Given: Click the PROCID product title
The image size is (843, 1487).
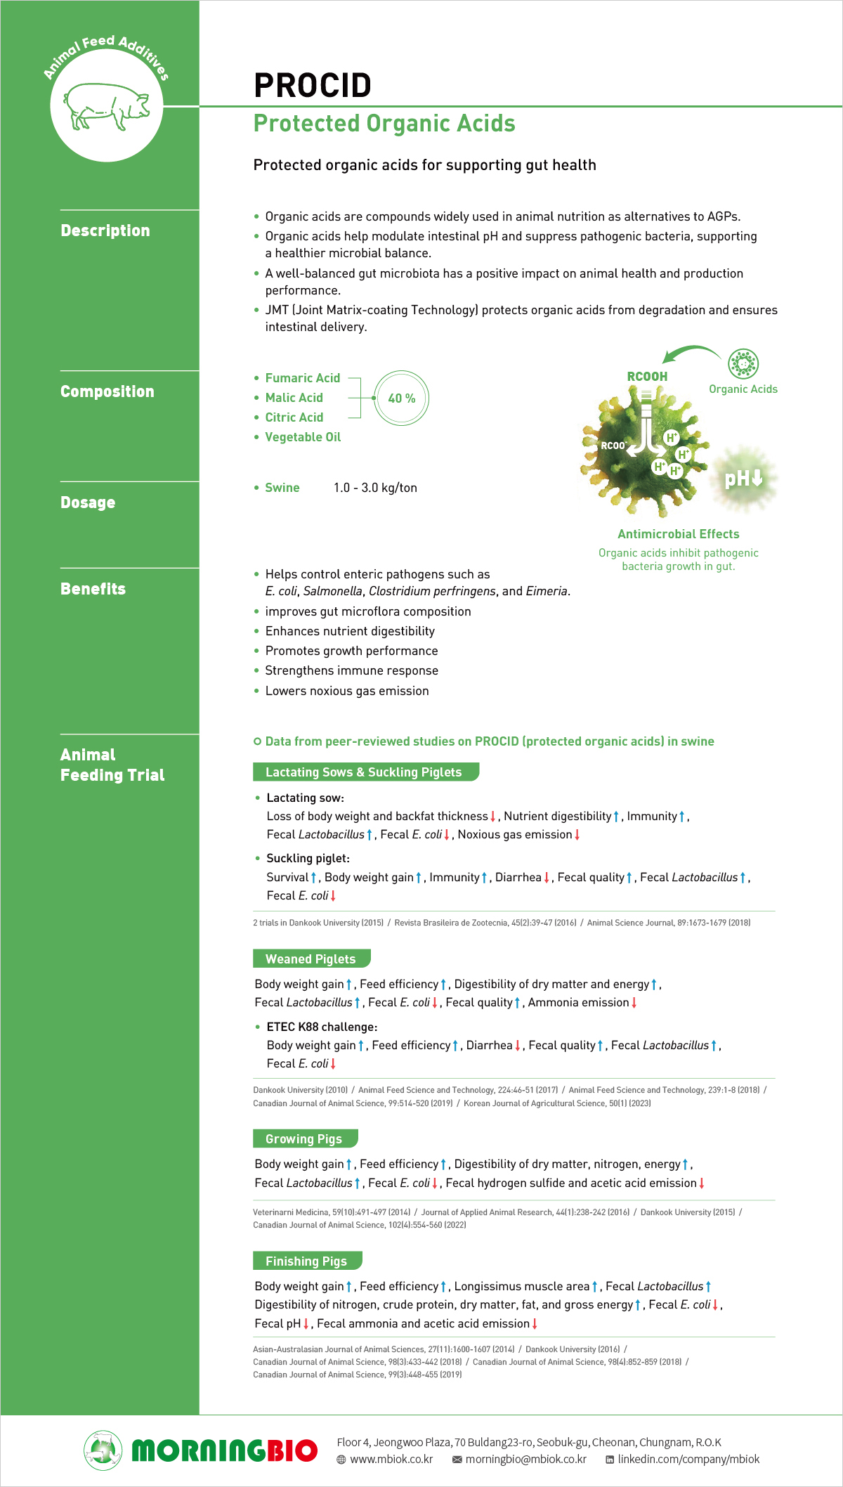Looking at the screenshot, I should tap(312, 86).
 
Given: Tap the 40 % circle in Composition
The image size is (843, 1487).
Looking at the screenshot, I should tap(401, 398).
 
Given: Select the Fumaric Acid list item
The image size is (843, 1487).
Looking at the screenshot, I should tap(302, 378).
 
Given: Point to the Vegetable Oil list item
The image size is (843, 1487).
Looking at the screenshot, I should tap(302, 437).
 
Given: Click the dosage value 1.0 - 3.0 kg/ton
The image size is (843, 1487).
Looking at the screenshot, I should tap(375, 488).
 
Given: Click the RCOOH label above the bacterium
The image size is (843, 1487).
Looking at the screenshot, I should tap(647, 377).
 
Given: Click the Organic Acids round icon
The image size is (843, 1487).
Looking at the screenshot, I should tap(743, 363).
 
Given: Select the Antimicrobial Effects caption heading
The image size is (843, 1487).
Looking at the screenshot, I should tap(678, 534).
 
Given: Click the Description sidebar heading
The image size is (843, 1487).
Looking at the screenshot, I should tap(105, 230).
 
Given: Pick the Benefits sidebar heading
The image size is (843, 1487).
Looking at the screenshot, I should tap(93, 589).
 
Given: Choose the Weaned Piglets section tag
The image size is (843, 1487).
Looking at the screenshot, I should tap(311, 959).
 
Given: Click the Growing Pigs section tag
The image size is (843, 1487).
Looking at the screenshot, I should tap(303, 1139).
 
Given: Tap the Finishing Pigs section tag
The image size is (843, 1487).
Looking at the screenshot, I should tap(306, 1261).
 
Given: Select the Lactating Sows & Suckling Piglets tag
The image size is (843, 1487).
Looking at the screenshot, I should tap(363, 772).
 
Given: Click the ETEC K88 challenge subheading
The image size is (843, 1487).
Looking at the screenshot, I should tap(322, 1027).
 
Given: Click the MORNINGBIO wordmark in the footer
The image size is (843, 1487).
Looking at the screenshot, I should tap(224, 1450).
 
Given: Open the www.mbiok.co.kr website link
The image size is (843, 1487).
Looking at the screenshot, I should tap(391, 1460).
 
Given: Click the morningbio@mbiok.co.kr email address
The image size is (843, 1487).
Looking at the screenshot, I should tap(525, 1460).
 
